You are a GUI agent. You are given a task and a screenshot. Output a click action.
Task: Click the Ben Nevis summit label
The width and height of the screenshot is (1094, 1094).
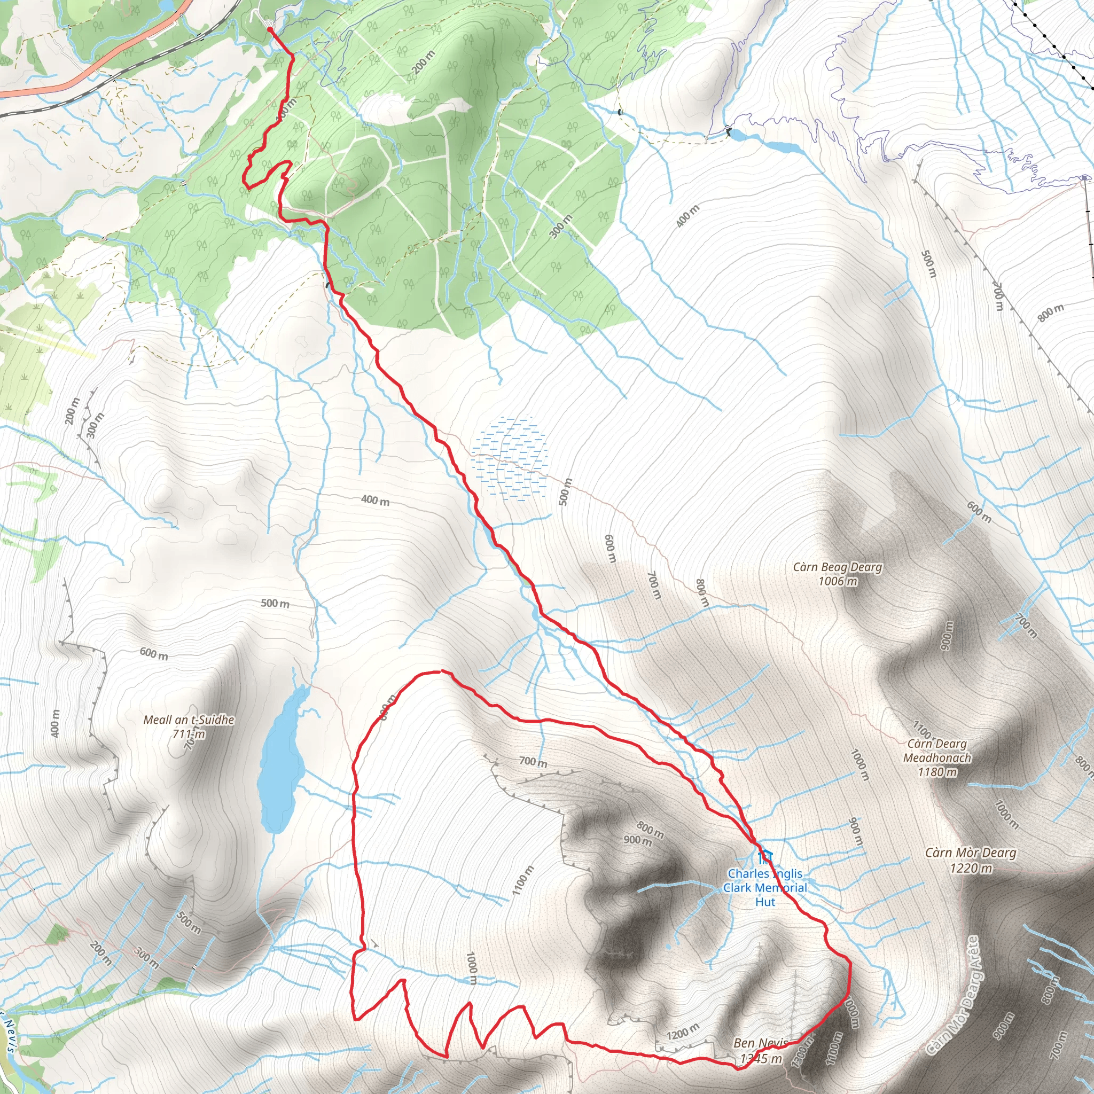760,1043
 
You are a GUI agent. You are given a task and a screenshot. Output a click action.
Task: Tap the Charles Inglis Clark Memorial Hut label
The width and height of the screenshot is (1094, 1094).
765,887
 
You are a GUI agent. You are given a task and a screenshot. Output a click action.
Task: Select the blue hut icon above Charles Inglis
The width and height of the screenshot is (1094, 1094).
765,856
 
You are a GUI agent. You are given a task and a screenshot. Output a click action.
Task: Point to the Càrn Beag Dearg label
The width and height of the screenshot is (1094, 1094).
838,567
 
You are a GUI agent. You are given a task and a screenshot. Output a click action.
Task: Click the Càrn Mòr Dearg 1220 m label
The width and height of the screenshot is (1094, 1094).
971,859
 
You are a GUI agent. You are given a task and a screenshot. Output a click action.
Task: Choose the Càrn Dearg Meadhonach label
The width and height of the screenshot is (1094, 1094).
937,751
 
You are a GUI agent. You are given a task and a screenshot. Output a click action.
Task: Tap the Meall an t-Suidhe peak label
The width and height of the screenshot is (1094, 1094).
189,720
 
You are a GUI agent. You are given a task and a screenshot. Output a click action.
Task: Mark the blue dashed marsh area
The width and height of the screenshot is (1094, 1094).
510,459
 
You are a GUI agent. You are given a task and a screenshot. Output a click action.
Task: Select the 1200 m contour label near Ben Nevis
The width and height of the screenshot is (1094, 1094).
683,1032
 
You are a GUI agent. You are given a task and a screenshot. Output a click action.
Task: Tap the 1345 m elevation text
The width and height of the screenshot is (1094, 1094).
762,1058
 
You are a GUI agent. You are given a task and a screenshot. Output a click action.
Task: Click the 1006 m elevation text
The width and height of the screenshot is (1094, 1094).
838,581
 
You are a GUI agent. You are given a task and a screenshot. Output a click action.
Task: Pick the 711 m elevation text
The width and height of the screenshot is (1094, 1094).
190,734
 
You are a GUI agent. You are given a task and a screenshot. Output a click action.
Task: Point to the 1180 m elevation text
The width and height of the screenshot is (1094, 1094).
937,772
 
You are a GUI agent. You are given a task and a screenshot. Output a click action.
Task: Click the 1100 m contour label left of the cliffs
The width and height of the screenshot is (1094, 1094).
522,881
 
